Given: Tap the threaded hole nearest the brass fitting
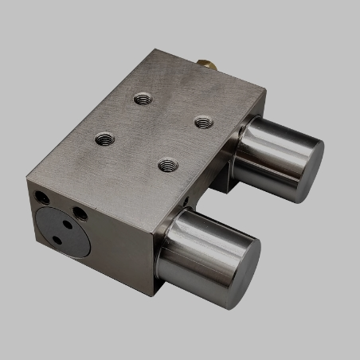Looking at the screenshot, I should (143, 99).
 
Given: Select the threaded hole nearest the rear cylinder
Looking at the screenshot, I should (204, 122).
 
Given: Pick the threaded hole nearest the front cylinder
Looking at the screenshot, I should (166, 165).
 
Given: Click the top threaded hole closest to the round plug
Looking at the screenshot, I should (104, 139).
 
